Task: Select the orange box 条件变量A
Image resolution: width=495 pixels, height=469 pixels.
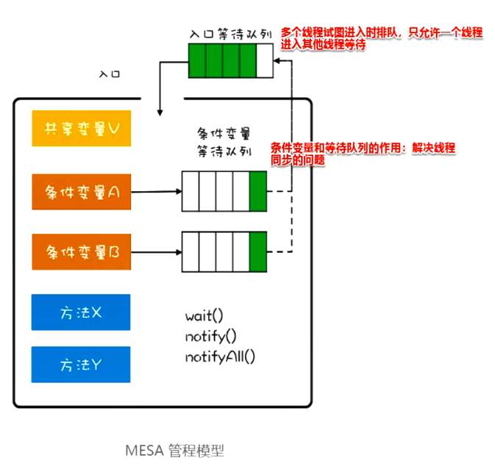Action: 81,192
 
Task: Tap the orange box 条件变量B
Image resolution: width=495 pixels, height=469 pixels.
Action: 81,252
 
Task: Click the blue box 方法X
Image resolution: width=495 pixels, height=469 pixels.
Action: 81,312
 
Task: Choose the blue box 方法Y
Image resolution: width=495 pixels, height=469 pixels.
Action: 81,365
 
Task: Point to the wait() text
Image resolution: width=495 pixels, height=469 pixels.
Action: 204,316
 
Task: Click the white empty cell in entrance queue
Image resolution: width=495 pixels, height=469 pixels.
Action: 265,61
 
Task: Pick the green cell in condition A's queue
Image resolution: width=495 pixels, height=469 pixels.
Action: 258,192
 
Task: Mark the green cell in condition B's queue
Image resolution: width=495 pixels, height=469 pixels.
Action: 258,252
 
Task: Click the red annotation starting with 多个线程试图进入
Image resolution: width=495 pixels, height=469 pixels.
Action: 381,39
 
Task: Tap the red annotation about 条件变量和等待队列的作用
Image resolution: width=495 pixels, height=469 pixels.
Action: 362,153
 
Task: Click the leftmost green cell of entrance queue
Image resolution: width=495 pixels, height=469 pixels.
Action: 196,61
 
